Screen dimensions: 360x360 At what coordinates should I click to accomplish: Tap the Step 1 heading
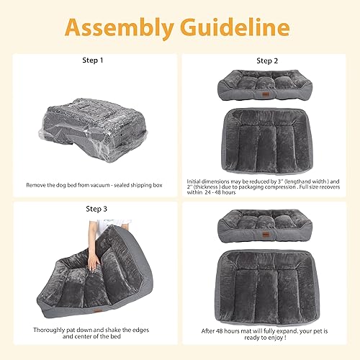pos(94,60)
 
